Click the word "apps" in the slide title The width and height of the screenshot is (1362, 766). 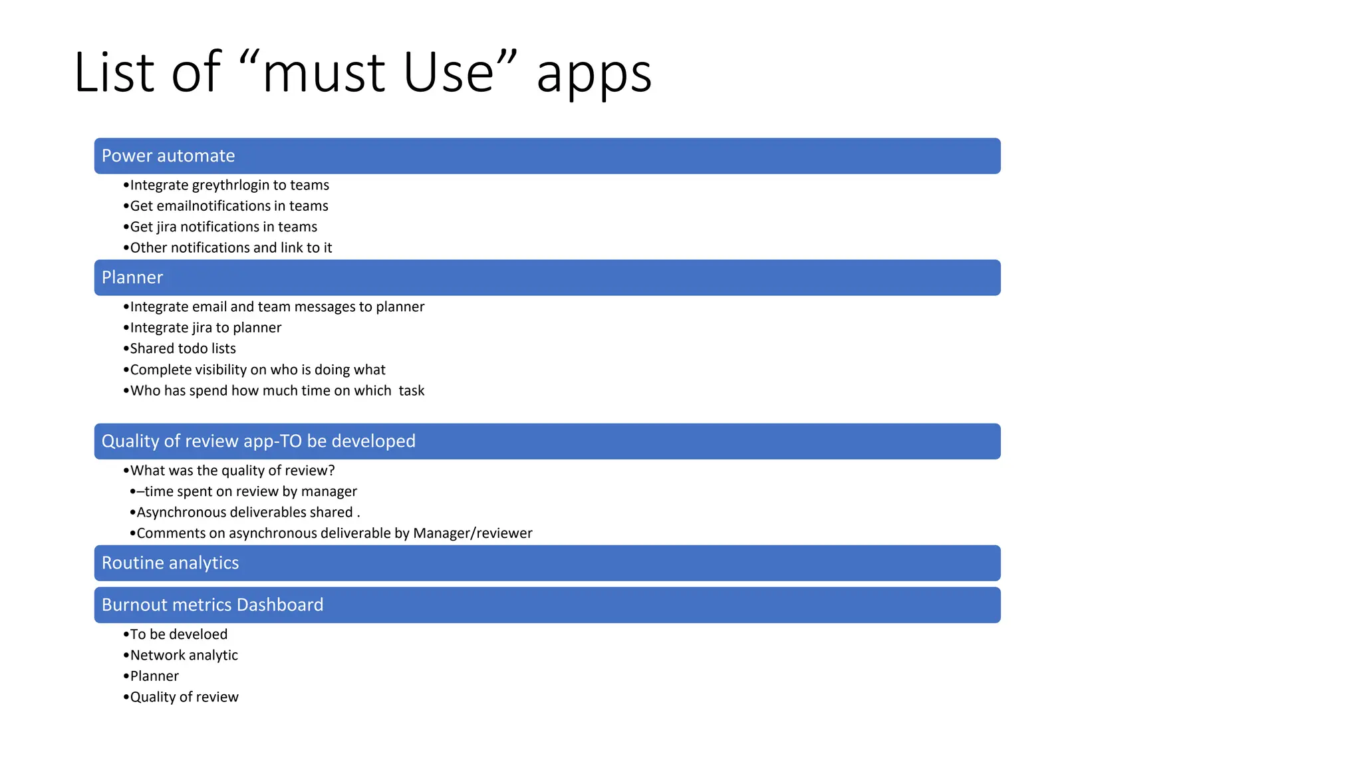click(593, 74)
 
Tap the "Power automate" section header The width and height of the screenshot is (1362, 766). click(168, 156)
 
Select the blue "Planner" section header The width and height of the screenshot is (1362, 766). click(132, 277)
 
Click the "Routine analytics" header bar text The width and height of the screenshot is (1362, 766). click(170, 563)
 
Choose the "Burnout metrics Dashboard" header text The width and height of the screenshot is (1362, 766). click(212, 604)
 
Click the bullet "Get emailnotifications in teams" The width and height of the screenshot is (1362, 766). click(229, 206)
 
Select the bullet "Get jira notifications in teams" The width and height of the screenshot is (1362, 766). click(223, 227)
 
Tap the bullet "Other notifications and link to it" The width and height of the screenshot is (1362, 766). click(231, 248)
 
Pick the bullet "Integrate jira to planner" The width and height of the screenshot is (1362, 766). click(205, 328)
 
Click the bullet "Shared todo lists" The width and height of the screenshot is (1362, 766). click(183, 348)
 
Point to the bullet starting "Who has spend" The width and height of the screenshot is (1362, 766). click(277, 391)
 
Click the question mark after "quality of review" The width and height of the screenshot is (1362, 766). click(331, 471)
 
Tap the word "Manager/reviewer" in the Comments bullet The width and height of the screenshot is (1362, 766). click(472, 533)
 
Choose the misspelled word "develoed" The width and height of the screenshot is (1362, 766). click(198, 634)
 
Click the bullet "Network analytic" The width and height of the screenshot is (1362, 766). click(184, 655)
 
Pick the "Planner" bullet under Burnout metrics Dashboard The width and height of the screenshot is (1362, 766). click(154, 676)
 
